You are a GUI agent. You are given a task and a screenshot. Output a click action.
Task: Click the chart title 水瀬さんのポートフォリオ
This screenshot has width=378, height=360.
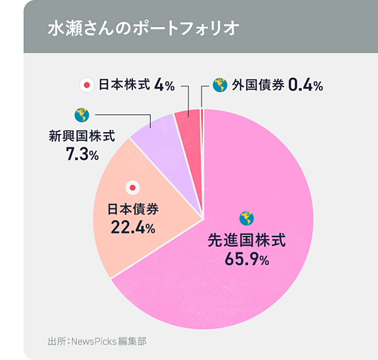click(143, 30)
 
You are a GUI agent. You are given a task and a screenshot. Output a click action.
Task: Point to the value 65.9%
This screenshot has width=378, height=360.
click(247, 258)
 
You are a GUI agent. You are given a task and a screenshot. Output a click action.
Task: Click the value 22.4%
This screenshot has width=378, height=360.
click(132, 227)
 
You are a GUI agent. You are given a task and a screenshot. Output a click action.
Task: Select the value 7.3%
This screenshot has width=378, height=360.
click(82, 153)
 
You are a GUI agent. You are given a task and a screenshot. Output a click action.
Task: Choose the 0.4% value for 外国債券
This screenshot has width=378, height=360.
click(305, 84)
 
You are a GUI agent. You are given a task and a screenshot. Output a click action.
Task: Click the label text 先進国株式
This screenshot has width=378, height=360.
click(247, 240)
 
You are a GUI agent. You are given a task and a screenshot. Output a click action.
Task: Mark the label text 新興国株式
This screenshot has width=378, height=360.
click(82, 135)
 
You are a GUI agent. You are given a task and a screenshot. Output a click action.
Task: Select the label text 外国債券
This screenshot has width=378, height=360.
click(257, 84)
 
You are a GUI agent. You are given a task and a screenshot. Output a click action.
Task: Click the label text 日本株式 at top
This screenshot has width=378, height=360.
click(124, 84)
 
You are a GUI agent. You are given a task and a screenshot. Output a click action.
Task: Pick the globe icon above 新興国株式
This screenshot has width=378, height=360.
click(81, 115)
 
